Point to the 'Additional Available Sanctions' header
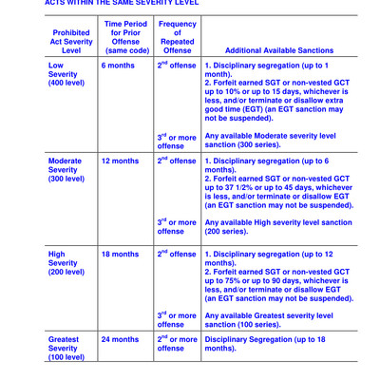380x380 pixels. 275,50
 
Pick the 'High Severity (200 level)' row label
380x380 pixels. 67,262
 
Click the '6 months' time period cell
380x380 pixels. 118,66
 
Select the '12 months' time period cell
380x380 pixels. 120,161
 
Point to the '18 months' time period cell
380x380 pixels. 120,254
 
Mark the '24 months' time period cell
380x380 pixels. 120,338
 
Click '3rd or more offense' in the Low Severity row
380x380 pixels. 177,142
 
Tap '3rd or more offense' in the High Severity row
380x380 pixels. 177,320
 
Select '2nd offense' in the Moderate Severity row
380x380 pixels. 177,161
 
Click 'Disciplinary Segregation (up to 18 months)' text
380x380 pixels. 265,343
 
